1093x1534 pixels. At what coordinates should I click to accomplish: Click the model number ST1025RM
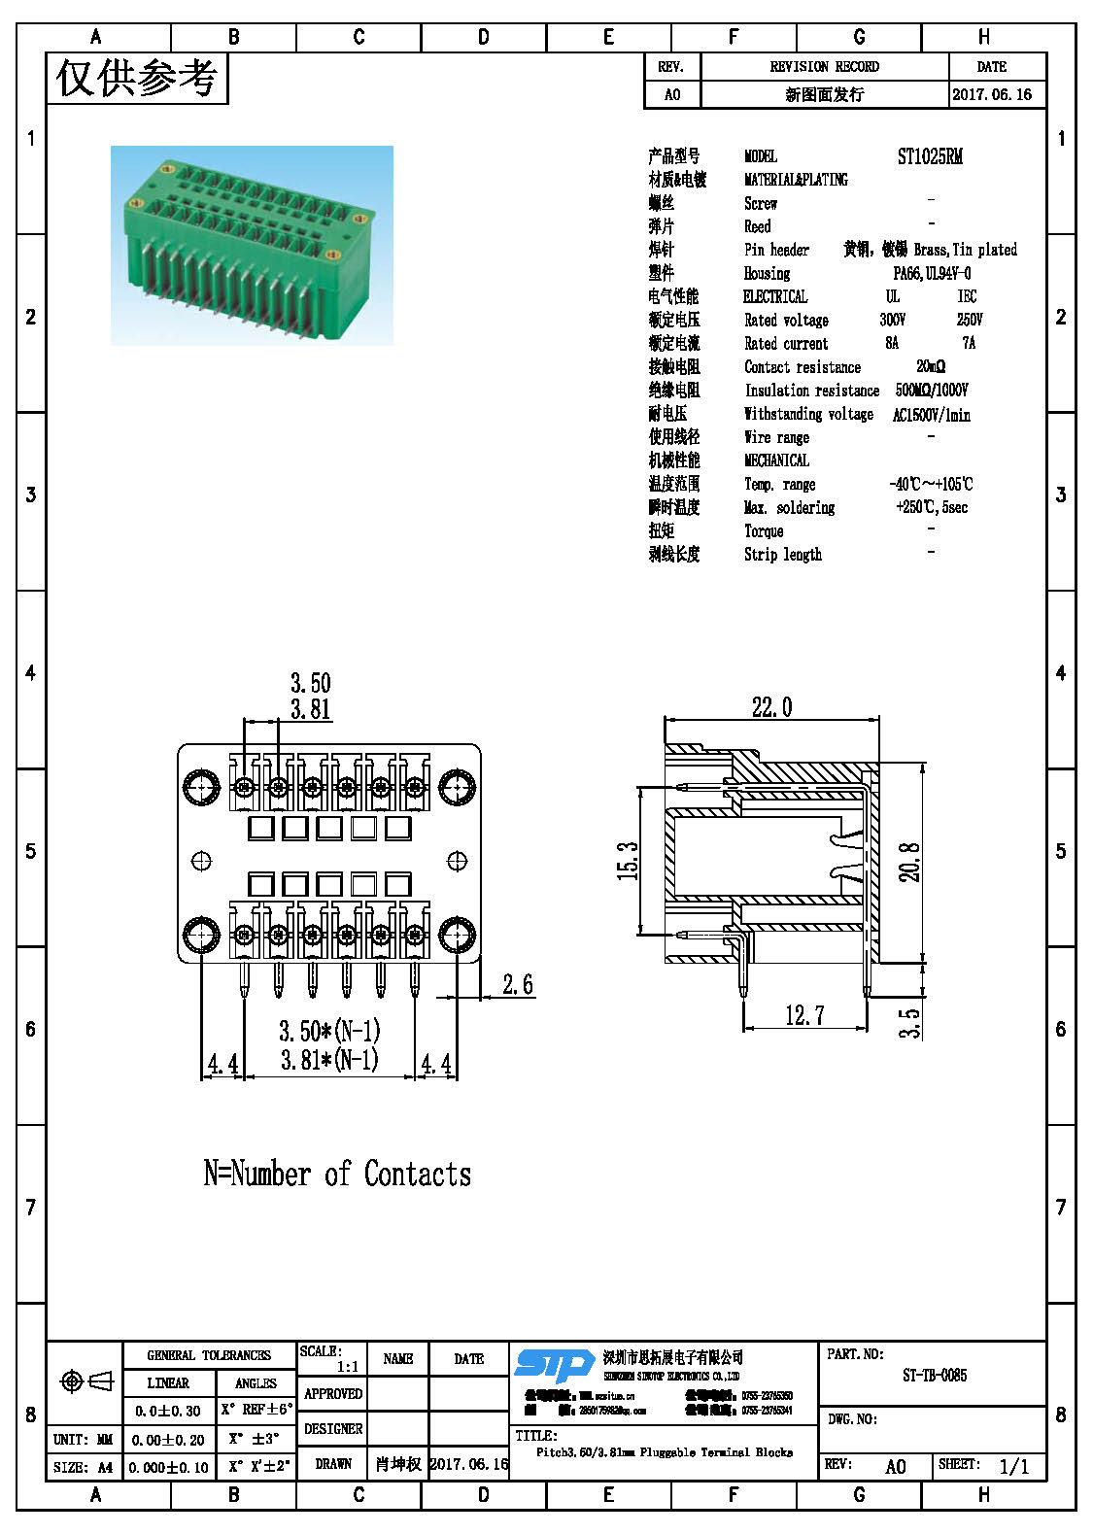[x=930, y=156]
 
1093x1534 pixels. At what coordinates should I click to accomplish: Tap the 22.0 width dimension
[x=771, y=707]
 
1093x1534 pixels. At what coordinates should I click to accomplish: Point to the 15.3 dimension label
[x=628, y=861]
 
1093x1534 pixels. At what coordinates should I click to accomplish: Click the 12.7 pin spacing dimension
[x=804, y=1015]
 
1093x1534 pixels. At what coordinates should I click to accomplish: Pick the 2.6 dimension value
[x=517, y=984]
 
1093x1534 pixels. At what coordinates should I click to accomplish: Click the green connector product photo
[x=252, y=245]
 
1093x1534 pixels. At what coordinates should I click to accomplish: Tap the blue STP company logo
[x=554, y=1364]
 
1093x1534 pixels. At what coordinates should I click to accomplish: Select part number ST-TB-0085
[x=934, y=1375]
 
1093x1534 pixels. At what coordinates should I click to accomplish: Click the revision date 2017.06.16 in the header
[x=992, y=94]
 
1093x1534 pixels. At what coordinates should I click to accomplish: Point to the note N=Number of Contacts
[x=337, y=1174]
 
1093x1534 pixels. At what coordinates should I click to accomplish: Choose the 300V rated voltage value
[x=892, y=320]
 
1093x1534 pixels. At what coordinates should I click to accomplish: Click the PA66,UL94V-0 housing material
[x=931, y=273]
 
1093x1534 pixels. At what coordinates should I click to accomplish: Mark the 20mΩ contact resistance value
[x=930, y=366]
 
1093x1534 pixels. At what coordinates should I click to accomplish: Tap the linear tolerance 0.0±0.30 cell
[x=168, y=1411]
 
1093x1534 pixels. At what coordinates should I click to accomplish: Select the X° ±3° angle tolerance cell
[x=255, y=1439]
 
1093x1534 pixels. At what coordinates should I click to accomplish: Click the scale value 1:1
[x=348, y=1367]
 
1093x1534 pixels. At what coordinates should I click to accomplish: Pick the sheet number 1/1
[x=1013, y=1466]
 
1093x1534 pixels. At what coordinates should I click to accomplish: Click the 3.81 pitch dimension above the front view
[x=311, y=709]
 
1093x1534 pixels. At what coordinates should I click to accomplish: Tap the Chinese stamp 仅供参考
[x=136, y=78]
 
